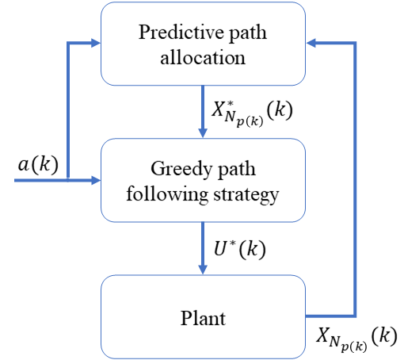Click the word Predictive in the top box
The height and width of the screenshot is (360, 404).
pos(181,33)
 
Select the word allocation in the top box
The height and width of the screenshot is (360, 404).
pos(203,57)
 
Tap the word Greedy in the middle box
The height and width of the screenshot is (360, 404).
pos(181,169)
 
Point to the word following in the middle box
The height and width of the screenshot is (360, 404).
pos(167,194)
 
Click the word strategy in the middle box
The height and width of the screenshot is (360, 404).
pos(246,196)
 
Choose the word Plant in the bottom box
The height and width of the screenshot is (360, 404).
pos(203,318)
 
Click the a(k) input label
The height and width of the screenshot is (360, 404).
pos(38,164)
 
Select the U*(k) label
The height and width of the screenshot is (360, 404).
pos(239,249)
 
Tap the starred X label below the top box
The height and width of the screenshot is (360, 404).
pos(252,113)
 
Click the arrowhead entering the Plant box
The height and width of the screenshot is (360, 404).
pos(203,270)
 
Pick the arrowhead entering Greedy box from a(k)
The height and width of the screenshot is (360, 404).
pos(96,181)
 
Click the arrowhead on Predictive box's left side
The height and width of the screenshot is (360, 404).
pos(96,43)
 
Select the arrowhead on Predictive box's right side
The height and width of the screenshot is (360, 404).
pos(311,43)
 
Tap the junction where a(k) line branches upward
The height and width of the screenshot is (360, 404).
pos(68,180)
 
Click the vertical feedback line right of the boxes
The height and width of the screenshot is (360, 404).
pos(355,179)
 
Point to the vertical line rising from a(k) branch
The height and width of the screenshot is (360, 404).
pos(68,111)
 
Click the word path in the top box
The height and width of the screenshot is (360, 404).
pos(248,33)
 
